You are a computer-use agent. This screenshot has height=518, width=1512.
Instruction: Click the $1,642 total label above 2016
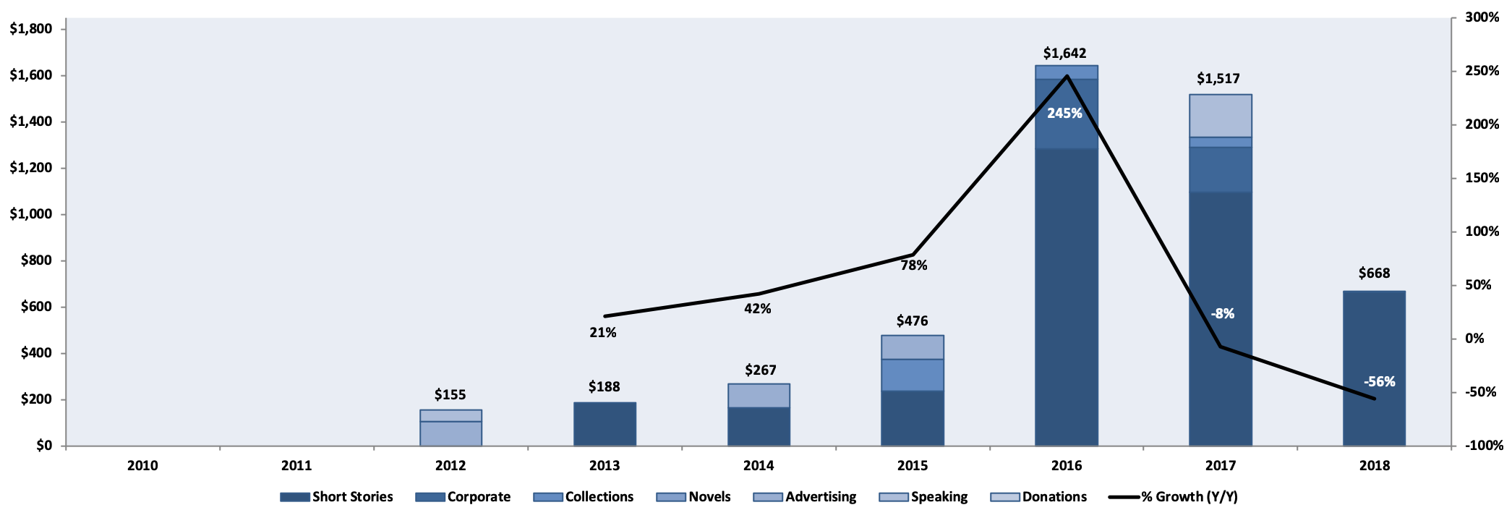pyautogui.click(x=1064, y=54)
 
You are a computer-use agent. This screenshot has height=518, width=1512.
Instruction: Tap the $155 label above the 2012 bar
pyautogui.click(x=450, y=395)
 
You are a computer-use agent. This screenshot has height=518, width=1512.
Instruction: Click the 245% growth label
pyautogui.click(x=1064, y=114)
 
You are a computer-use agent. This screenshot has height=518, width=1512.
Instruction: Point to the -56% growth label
pyautogui.click(x=1379, y=382)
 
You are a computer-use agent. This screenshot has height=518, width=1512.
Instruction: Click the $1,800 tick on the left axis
pyautogui.click(x=30, y=29)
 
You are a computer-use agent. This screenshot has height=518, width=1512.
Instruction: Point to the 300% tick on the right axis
pyautogui.click(x=1482, y=17)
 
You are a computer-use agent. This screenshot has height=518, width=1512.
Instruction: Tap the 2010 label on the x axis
pyautogui.click(x=142, y=466)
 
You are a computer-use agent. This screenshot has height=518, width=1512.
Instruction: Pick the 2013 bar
pyautogui.click(x=605, y=424)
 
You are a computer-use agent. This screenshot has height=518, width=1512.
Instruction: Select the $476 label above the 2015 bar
pyautogui.click(x=912, y=321)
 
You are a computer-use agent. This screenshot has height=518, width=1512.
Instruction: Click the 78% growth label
pyautogui.click(x=914, y=266)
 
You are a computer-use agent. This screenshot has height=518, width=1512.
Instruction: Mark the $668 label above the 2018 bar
pyautogui.click(x=1374, y=273)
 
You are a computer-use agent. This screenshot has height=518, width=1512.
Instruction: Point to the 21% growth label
pyautogui.click(x=603, y=333)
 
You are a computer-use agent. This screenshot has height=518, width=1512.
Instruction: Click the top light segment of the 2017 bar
pyautogui.click(x=1220, y=116)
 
